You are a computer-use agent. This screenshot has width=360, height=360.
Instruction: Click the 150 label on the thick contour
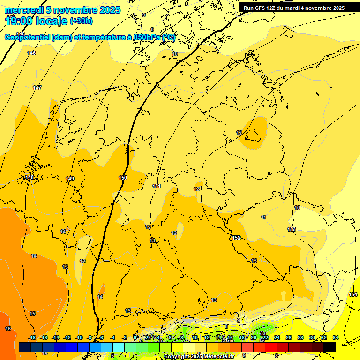pyautogui.click(x=123, y=178)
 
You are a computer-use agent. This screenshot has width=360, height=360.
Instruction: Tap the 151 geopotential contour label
pyautogui.click(x=157, y=186)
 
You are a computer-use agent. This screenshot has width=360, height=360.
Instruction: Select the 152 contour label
pyautogui.click(x=237, y=238)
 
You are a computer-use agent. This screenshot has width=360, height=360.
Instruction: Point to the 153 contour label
pyautogui.click(x=292, y=229)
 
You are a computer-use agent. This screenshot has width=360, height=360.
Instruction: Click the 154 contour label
pyautogui.click(x=352, y=294)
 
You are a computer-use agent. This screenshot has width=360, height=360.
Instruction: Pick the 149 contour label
pyautogui.click(x=70, y=179)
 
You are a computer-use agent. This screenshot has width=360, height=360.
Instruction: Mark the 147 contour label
pyautogui.click(x=37, y=88)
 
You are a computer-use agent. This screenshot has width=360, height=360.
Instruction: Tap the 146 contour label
pyautogui.click(x=31, y=53)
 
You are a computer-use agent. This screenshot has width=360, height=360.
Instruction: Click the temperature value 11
pyautogui.click(x=264, y=217)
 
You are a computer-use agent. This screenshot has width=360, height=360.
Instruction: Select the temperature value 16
pyautogui.click(x=8, y=329)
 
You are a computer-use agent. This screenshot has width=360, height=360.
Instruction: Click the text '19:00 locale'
pyautogui.click(x=36, y=21)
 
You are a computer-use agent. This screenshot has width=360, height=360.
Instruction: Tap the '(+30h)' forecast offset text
pyautogui.click(x=81, y=21)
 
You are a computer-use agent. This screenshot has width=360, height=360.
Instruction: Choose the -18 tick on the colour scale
pyautogui.click(x=32, y=337)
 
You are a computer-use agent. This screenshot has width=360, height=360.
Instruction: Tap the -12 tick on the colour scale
pyautogui.click(x=67, y=337)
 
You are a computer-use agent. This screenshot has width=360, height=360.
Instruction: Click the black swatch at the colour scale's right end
pyautogui.click(x=330, y=347)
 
